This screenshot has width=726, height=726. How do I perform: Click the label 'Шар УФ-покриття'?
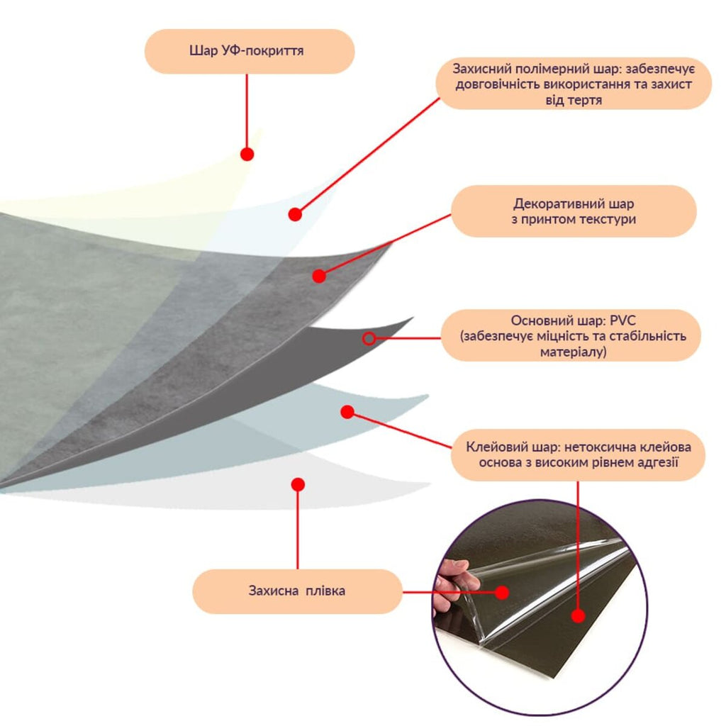point(246,50)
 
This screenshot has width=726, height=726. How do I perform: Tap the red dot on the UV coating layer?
point(247,154)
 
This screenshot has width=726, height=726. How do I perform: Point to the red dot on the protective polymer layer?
point(295,214)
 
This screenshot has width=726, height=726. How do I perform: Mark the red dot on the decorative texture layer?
point(319,276)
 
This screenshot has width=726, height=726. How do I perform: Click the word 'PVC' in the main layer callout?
point(622,320)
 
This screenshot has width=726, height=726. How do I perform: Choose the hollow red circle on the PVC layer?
point(369,338)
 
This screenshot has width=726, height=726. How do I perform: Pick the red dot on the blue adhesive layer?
point(347,412)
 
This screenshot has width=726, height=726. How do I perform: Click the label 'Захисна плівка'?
point(297,591)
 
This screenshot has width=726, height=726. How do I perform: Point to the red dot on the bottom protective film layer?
point(298,485)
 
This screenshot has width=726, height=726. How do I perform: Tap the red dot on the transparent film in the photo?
point(503,592)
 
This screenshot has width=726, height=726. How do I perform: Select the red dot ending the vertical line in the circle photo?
point(578,616)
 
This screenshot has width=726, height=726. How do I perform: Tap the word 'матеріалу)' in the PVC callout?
point(573,352)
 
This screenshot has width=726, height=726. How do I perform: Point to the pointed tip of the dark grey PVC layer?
point(413,318)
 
